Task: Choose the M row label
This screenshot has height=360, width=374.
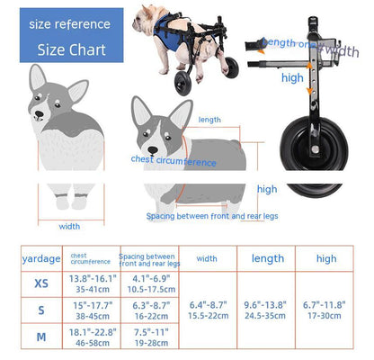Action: coord(40,338)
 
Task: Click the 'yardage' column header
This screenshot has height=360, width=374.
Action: coord(40,259)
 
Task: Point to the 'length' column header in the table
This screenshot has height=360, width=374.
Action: coord(267,258)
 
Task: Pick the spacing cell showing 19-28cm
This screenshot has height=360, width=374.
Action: coord(147,343)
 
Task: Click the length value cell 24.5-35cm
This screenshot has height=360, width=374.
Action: coord(267,317)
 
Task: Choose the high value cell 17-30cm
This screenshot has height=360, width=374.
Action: coord(325,317)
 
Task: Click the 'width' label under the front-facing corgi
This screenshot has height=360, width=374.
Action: coord(69,226)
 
